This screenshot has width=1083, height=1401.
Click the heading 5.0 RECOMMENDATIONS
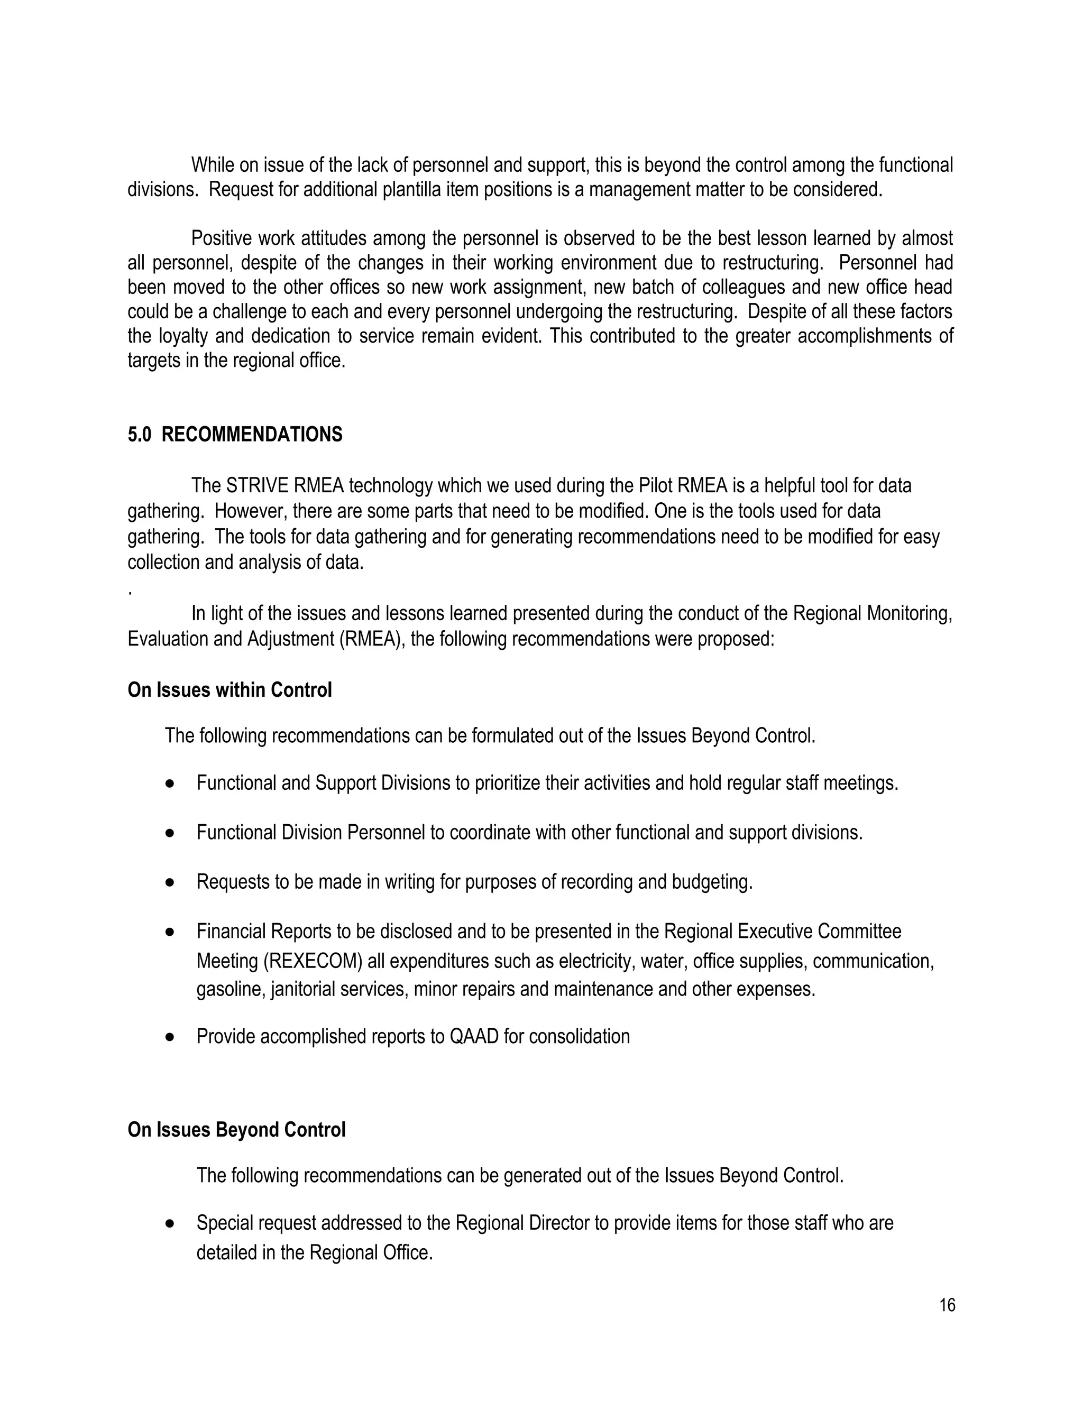[235, 435]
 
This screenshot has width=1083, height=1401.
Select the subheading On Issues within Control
[230, 690]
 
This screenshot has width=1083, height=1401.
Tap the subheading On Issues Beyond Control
[236, 1130]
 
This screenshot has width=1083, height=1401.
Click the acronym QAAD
[473, 1036]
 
